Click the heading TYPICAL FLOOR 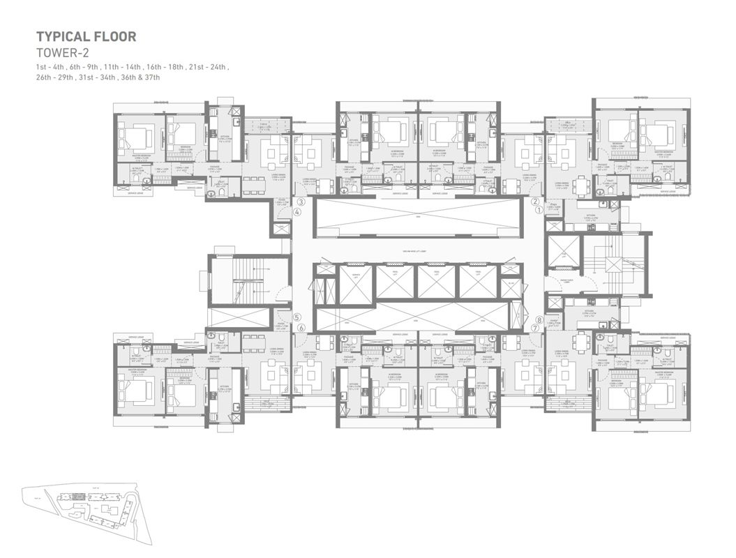(x=87, y=36)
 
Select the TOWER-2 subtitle (x=63, y=53)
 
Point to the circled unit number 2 (x=535, y=201)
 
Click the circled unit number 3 (x=301, y=202)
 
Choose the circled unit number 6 (x=301, y=327)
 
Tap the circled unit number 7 (x=535, y=327)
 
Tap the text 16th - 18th (x=165, y=66)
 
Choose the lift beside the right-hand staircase (x=564, y=253)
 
